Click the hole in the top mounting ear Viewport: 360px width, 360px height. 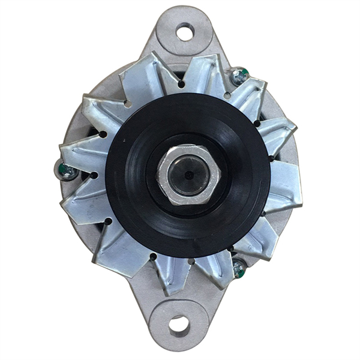tap(185, 31)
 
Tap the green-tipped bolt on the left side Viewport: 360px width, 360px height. tap(67, 170)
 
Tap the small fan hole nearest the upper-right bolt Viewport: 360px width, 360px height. tap(227, 95)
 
